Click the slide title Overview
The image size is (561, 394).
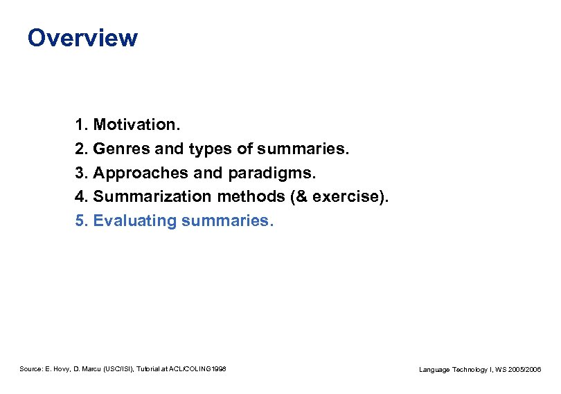[82, 37]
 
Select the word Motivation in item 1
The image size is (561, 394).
[136, 125]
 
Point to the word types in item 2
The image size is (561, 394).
[210, 149]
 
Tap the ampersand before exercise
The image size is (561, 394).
[300, 197]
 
